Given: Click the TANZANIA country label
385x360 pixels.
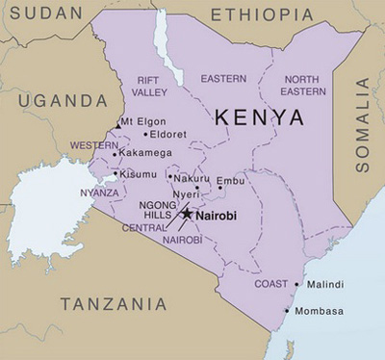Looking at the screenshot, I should click(x=114, y=304).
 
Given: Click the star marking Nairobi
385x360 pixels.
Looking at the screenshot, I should click(x=187, y=214).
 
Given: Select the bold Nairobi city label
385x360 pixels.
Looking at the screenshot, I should click(x=216, y=216).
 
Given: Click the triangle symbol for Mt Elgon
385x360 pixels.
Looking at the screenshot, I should click(x=117, y=125).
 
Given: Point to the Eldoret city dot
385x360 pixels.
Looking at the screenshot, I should click(x=145, y=135).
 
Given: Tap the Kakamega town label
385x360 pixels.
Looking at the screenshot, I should click(x=145, y=152).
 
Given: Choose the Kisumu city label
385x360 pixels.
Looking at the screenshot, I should click(x=138, y=174).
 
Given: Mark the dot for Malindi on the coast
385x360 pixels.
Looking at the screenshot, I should click(x=300, y=285).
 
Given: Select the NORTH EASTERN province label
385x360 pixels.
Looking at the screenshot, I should click(x=301, y=85).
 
